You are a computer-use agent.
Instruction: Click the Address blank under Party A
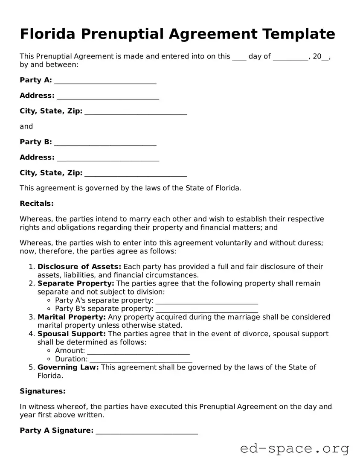[107, 96]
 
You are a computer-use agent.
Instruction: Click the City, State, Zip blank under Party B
[136, 174]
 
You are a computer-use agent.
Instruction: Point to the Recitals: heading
[37, 204]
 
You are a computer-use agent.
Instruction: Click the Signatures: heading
[43, 391]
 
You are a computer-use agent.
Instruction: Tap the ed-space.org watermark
[294, 449]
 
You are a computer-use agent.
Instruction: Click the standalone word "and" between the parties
[26, 126]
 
